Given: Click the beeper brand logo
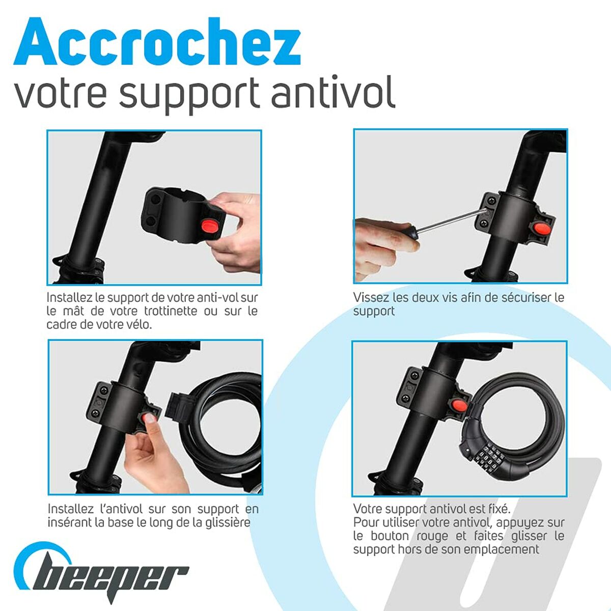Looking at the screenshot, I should tap(102, 573).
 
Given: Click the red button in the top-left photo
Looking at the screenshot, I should tap(211, 225).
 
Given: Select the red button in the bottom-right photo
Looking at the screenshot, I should tap(459, 406).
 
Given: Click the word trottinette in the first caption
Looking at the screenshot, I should tap(171, 311).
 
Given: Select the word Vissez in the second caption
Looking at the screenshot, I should tap(371, 297).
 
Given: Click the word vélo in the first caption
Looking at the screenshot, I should tap(138, 324).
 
